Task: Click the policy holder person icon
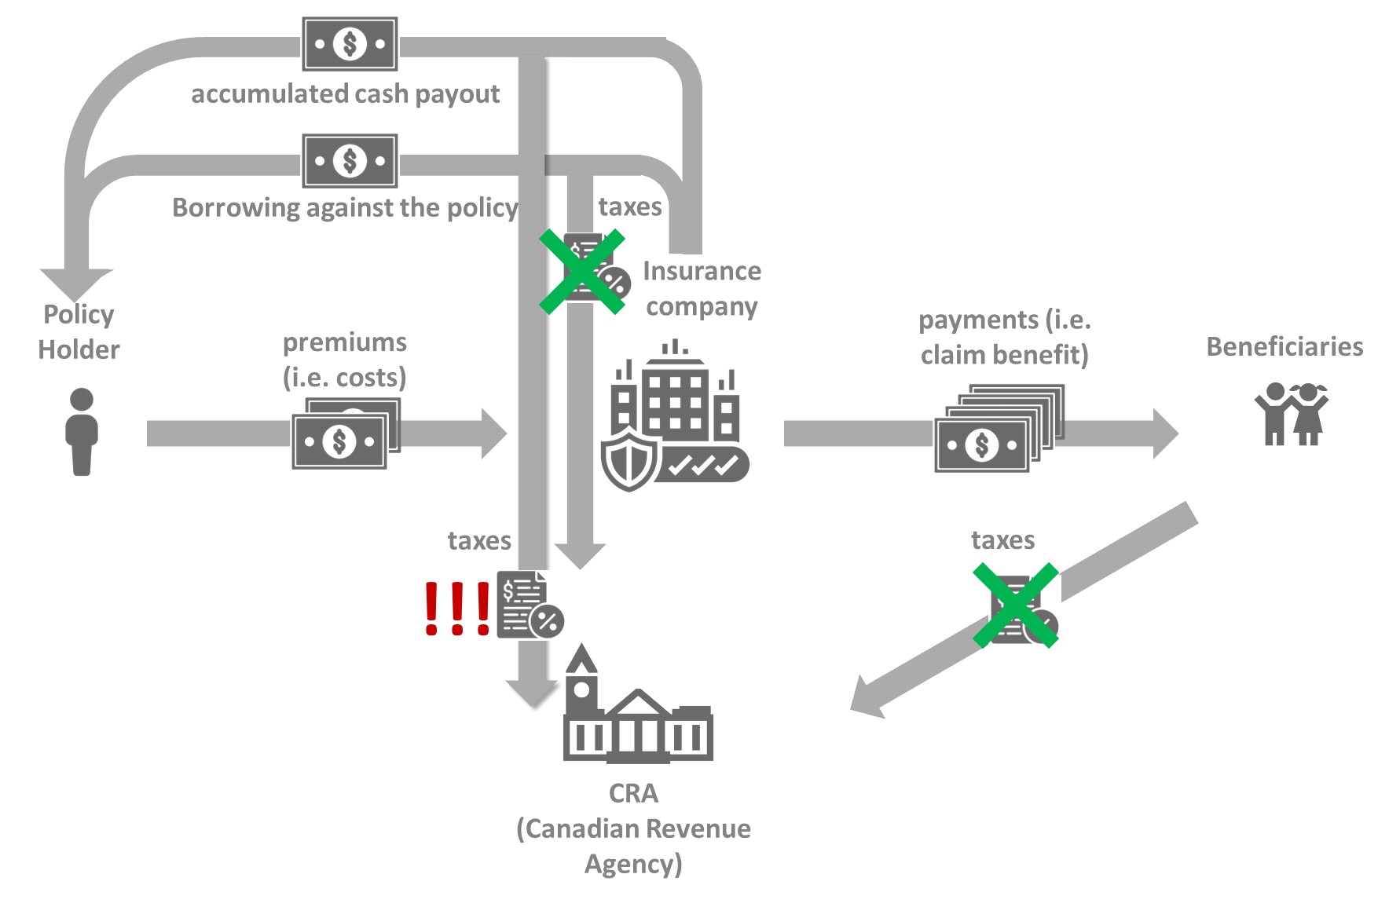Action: point(81,431)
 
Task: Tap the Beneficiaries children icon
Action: point(1291,414)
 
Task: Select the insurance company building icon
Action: point(675,416)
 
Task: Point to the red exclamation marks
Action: point(456,609)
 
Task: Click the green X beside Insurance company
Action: point(582,272)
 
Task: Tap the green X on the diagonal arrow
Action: point(1016,605)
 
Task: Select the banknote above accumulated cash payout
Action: point(350,44)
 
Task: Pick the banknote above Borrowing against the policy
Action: point(350,161)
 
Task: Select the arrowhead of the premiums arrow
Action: point(494,433)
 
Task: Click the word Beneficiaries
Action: point(1285,346)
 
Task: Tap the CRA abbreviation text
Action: point(633,793)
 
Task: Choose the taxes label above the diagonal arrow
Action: point(1002,540)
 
